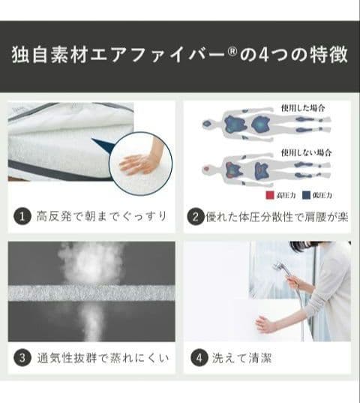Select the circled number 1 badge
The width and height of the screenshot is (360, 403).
click(22, 218)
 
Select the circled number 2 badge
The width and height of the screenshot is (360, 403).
click(196, 218)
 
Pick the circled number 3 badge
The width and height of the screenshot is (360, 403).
click(22, 357)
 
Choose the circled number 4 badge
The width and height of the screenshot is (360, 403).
click(197, 357)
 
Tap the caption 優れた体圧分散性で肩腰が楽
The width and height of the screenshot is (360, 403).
click(277, 218)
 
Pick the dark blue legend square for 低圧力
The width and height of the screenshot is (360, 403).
click(308, 194)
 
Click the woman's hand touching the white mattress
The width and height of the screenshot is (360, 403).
click(264, 324)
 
